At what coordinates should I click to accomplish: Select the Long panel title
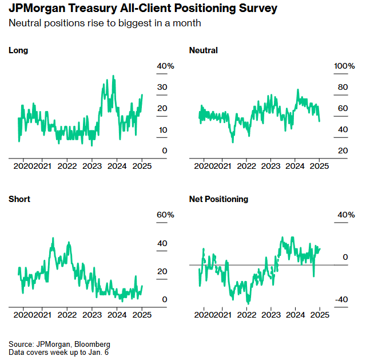point(18,50)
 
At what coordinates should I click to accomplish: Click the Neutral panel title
point(203,50)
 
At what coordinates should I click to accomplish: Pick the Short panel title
point(19,199)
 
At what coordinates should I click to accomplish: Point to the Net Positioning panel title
point(218,199)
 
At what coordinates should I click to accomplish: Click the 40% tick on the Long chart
point(166,66)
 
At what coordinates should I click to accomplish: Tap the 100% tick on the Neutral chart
point(344,66)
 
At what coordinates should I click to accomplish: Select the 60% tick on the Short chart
point(166,215)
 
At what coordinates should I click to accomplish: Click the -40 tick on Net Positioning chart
point(340,300)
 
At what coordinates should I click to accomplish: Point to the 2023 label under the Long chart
point(92,166)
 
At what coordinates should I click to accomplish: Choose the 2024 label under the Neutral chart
point(295,166)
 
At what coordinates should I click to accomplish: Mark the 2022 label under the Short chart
point(67,315)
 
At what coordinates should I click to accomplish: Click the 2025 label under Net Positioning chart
point(320,315)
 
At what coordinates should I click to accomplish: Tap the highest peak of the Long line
point(113,76)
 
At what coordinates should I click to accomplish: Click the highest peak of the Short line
point(53,238)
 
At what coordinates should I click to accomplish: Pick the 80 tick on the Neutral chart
point(343,88)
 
